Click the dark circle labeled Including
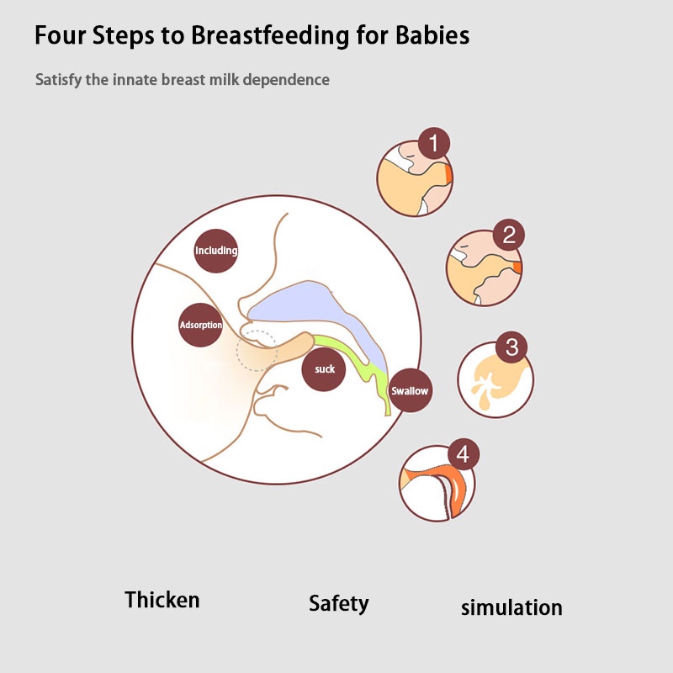tap(216, 250)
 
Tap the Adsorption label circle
tap(201, 324)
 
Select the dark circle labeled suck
tap(324, 369)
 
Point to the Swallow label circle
tap(410, 390)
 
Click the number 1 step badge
tap(433, 144)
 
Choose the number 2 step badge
tap(508, 235)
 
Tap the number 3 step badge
tap(512, 346)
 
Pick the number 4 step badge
tap(462, 455)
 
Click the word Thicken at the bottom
tap(162, 600)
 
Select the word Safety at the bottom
tap(338, 603)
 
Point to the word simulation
tap(511, 607)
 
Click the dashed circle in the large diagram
tap(256, 350)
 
